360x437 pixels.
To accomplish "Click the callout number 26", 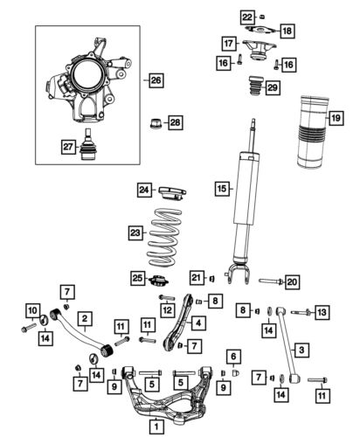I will click(x=155, y=81).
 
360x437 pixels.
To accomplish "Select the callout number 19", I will click(x=334, y=116).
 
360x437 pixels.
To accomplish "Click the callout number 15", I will click(x=222, y=188).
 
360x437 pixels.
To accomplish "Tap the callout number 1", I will click(x=155, y=427).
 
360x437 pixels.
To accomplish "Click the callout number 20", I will click(x=293, y=281).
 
